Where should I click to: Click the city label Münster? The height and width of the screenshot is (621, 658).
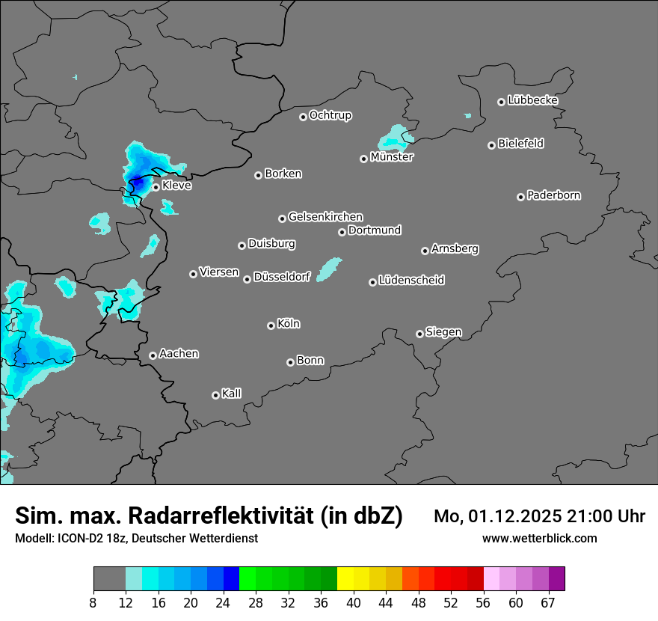[392, 157]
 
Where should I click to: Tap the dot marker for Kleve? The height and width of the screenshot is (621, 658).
[156, 187]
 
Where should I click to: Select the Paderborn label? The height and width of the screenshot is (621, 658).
[553, 195]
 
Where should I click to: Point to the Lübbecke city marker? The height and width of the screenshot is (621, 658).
[501, 102]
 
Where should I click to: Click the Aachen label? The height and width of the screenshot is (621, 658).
[179, 354]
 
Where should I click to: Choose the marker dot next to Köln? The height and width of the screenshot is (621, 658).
[271, 325]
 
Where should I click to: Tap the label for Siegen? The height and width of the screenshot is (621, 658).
[443, 332]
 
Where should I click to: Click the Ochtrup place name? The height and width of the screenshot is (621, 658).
[330, 115]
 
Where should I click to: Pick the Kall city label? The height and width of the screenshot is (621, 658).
[231, 394]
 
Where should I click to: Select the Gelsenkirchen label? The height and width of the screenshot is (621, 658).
[325, 217]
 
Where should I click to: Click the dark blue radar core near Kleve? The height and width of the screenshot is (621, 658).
[138, 181]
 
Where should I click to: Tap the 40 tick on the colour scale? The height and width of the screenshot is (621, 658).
[354, 602]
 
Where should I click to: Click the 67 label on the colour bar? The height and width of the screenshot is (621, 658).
[548, 602]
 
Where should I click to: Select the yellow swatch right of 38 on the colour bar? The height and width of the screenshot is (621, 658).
[345, 579]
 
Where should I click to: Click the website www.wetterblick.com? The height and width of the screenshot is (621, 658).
[539, 538]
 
